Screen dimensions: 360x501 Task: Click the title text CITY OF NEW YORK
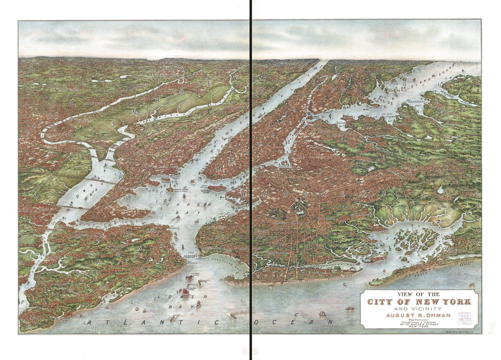click(x=419, y=302)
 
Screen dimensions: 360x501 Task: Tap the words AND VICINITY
click(x=419, y=308)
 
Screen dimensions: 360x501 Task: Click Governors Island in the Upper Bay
click(x=216, y=188)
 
